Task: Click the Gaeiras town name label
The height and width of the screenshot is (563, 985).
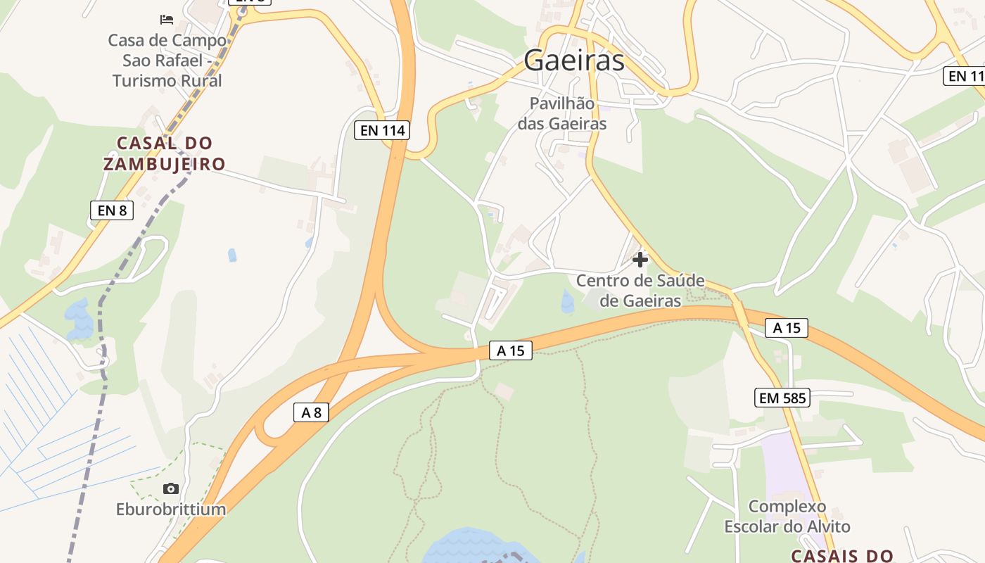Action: (573, 61)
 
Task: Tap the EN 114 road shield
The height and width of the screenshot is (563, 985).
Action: (382, 130)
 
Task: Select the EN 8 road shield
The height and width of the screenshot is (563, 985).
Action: (112, 210)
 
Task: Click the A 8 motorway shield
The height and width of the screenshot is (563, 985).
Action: (311, 412)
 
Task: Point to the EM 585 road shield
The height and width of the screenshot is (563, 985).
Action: (782, 398)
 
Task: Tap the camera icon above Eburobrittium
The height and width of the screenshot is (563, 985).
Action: (170, 488)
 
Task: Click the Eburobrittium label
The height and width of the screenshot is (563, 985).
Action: (171, 509)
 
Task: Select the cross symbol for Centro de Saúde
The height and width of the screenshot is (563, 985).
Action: (640, 260)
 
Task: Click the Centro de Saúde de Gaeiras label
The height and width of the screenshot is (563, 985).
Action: (640, 291)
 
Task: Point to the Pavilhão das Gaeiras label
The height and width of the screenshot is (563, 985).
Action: (562, 113)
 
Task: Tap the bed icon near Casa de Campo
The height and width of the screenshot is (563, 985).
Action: (167, 19)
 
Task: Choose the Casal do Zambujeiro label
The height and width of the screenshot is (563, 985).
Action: (165, 153)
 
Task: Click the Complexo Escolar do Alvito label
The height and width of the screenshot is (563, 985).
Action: (787, 516)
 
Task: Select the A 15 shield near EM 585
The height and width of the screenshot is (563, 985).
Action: (787, 328)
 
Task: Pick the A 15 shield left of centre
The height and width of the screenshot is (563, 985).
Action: (511, 350)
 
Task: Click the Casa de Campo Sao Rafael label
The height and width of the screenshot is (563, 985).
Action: (167, 61)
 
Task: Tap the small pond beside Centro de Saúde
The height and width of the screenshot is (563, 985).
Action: (568, 302)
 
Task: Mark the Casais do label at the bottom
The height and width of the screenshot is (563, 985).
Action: (842, 555)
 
